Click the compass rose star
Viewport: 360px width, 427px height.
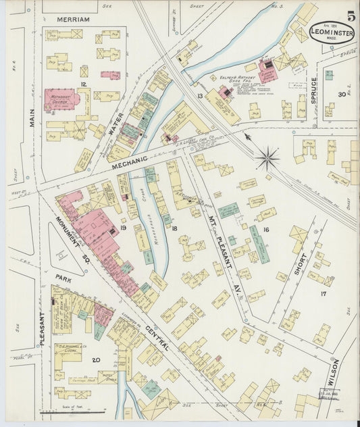tap(267, 159)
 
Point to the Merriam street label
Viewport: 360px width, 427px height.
tap(73, 20)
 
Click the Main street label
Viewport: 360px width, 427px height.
tap(32, 118)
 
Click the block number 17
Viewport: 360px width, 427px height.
tap(323, 294)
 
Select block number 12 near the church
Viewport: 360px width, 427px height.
tap(83, 84)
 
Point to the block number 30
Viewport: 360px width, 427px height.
tap(342, 95)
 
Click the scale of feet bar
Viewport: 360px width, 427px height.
tap(64, 411)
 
